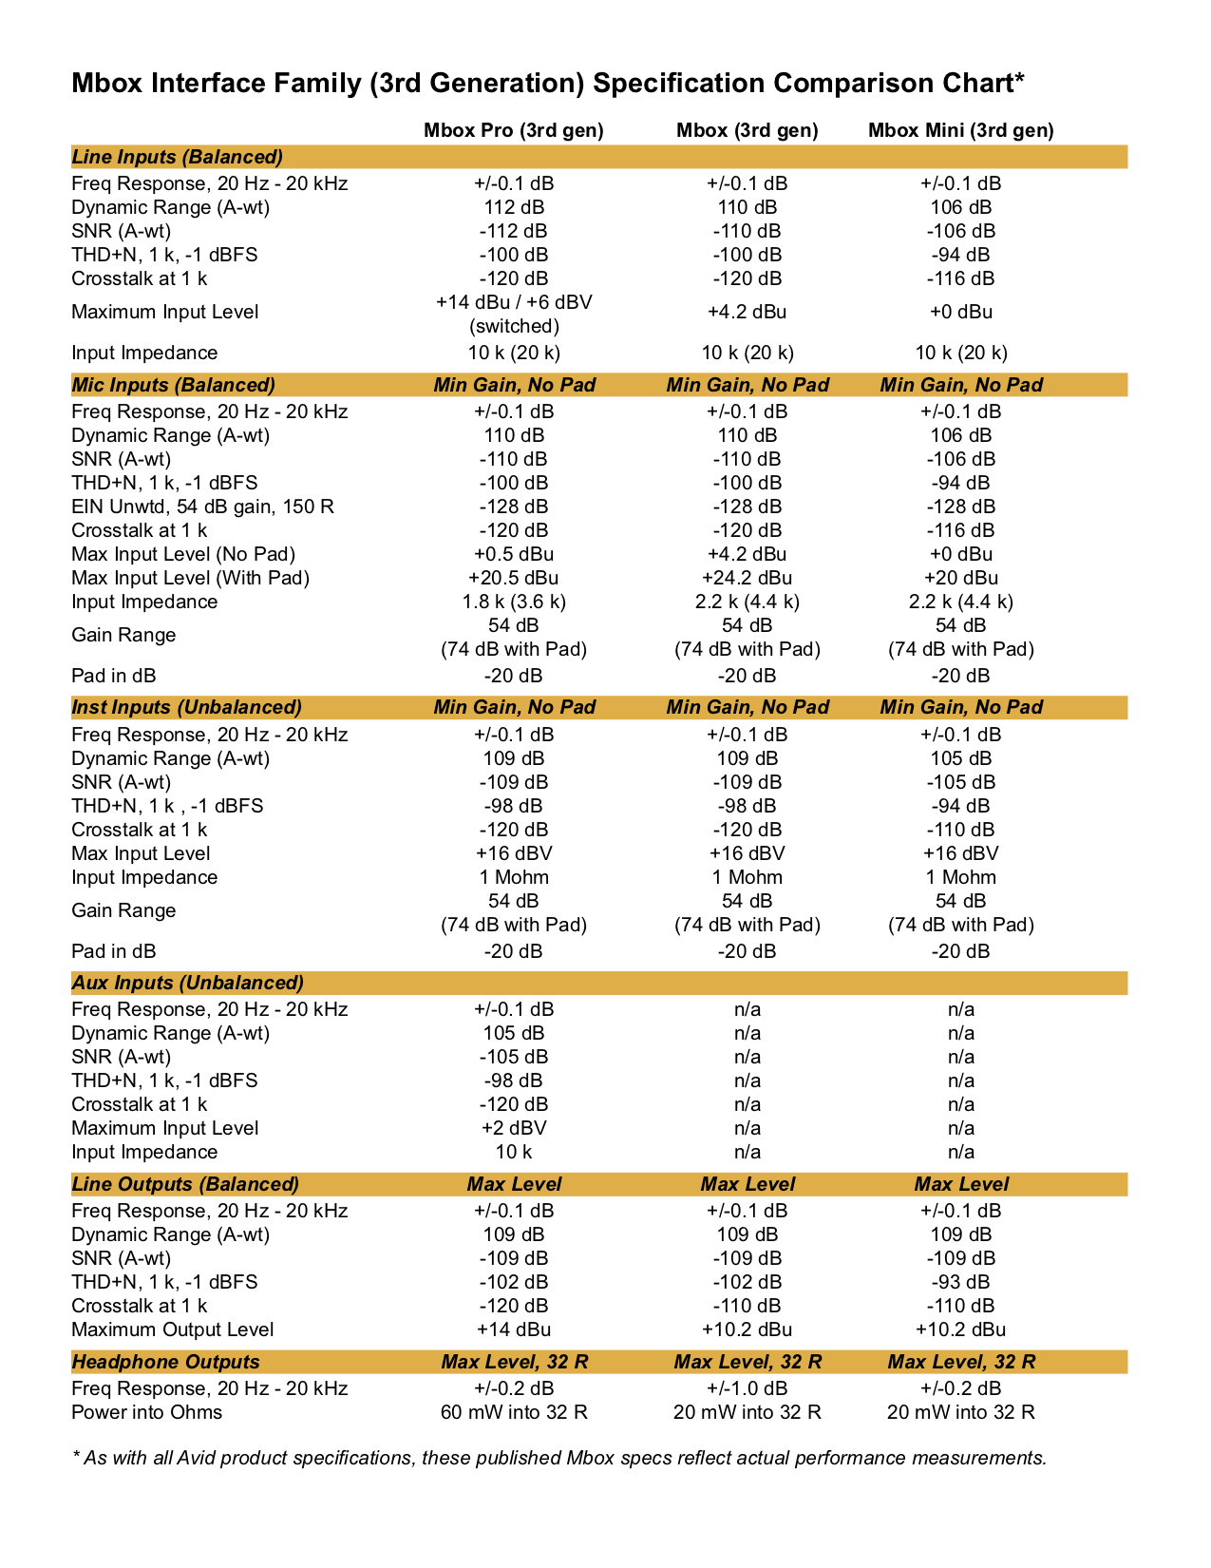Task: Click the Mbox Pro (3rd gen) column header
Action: pos(513,130)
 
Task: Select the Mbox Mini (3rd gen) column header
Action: pos(960,130)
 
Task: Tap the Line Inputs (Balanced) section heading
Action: pos(177,157)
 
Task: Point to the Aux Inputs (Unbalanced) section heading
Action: pos(187,983)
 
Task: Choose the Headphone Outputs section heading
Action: pos(165,1362)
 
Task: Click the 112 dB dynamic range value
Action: pos(513,207)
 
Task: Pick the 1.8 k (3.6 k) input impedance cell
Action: pos(513,602)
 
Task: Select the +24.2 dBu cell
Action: pos(747,578)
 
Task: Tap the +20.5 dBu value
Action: pos(513,578)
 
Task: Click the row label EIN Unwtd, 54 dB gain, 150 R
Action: pos(202,507)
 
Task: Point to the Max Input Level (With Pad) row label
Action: pos(190,578)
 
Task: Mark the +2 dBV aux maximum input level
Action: pos(513,1128)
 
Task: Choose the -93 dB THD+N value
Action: pos(960,1282)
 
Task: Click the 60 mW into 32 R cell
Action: pos(513,1412)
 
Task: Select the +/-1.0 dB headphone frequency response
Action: pos(747,1388)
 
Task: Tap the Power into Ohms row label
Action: pos(146,1412)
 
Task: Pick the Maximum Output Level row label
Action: pos(172,1329)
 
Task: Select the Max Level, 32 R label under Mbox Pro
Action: pos(513,1362)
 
